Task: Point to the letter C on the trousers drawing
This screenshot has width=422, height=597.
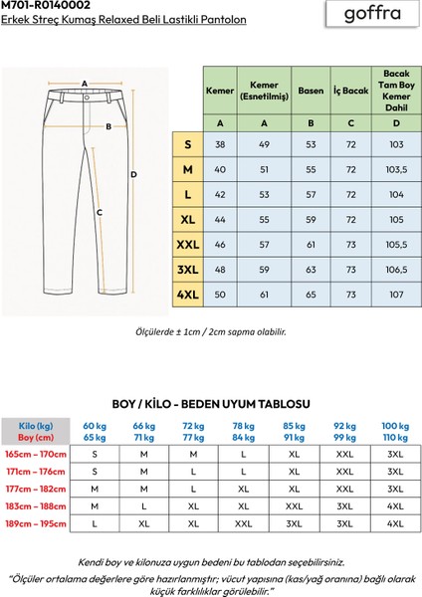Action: click(100, 212)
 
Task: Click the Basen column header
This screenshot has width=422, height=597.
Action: click(311, 91)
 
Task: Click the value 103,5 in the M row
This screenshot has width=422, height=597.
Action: click(396, 169)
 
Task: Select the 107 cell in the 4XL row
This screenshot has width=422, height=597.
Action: click(396, 296)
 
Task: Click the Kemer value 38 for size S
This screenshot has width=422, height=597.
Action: click(219, 144)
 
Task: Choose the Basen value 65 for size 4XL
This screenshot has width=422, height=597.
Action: click(311, 296)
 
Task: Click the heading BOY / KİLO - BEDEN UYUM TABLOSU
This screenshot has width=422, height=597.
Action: click(210, 405)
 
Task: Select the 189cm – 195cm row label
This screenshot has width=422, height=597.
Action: click(36, 522)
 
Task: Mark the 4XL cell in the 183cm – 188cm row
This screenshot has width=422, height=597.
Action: click(395, 505)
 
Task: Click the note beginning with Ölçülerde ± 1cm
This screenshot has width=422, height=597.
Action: click(210, 332)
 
